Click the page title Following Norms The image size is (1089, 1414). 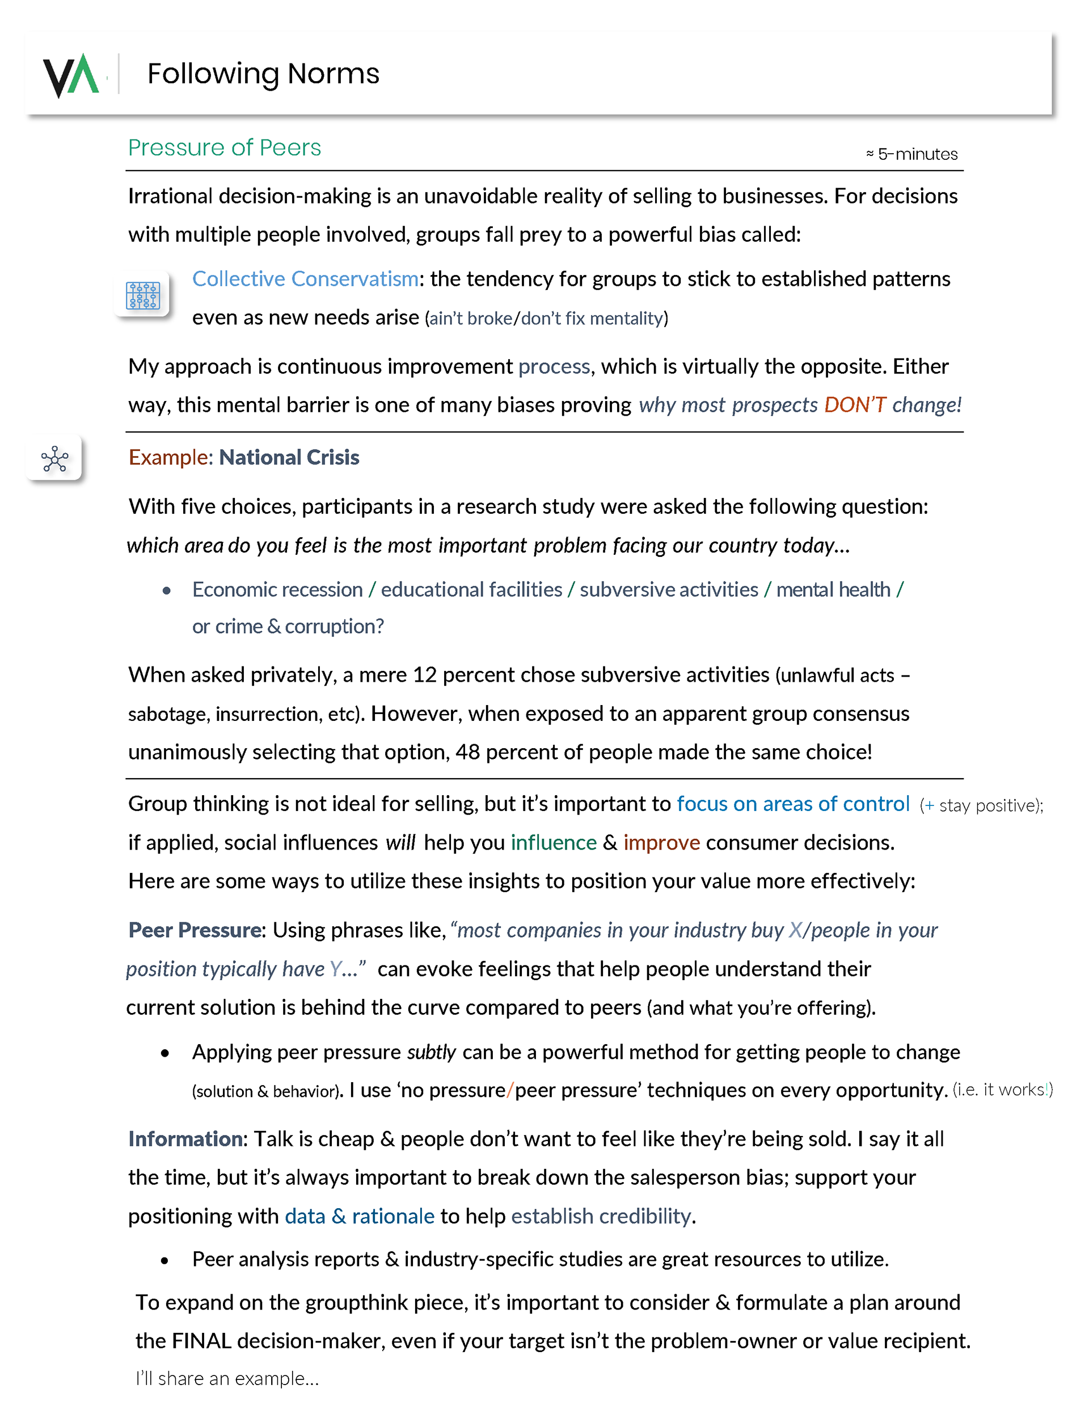pos(263,74)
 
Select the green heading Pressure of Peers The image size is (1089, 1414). pos(224,147)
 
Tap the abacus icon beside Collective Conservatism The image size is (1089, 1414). pos(142,296)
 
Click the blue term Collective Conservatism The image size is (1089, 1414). pos(305,279)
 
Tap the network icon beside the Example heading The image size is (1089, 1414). pos(54,459)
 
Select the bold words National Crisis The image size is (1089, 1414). pos(289,458)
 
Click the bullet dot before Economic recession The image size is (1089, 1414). pos(166,590)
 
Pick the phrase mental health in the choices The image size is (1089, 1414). pos(833,590)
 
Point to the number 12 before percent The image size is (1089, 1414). pos(425,676)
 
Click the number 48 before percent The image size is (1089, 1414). pos(467,752)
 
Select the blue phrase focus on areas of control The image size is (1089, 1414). pos(792,804)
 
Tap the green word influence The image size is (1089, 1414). pos(553,843)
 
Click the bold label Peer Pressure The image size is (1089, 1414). pos(196,930)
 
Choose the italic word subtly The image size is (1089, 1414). pos(431,1053)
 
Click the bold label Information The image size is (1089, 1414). pos(187,1139)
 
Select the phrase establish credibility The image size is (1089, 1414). pos(600,1217)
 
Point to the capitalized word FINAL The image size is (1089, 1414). pos(201,1341)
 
